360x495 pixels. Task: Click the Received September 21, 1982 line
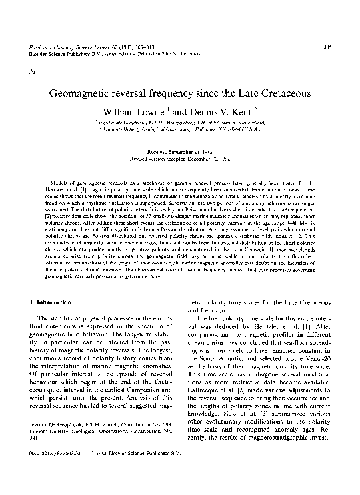click(181, 152)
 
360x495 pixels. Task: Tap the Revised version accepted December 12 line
click(181, 159)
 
